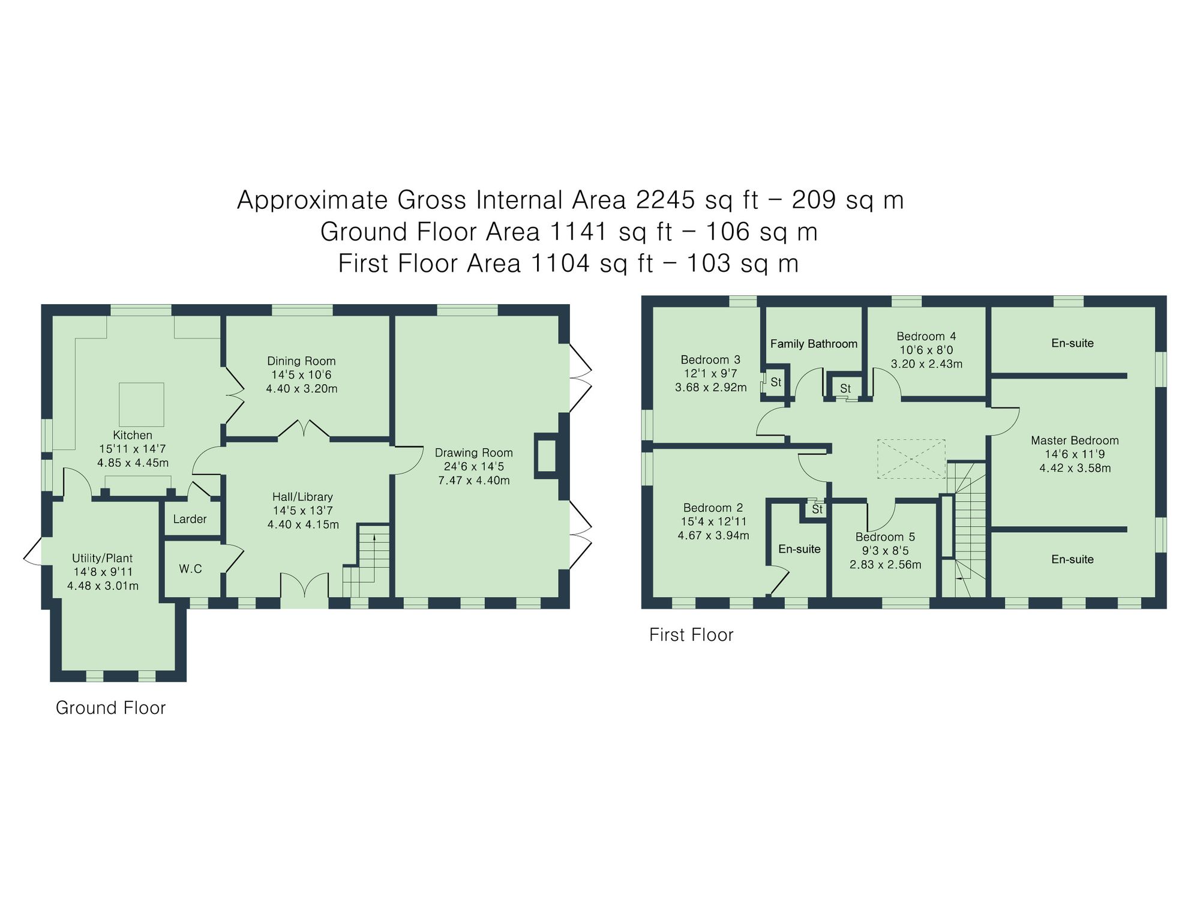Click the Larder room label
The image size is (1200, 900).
pos(190,520)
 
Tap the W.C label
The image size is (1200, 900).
pos(190,569)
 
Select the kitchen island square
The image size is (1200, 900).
pos(142,404)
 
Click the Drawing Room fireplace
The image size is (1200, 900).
pos(547,456)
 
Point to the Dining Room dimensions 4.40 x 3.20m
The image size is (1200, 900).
pos(301,389)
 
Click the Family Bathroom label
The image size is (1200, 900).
pos(814,344)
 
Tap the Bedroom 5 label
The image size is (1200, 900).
pos(885,537)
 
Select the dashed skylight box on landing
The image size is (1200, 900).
pos(911,459)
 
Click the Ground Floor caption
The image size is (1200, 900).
pos(110,708)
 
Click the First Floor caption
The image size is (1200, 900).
pos(691,635)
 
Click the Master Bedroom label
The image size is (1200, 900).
pos(1075,440)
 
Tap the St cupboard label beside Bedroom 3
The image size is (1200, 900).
pos(776,382)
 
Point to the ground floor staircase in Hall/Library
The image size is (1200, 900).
pos(367,561)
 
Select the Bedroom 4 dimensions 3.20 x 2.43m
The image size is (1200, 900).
pos(926,364)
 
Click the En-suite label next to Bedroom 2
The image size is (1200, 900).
pos(799,549)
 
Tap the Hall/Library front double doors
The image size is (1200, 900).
pos(305,585)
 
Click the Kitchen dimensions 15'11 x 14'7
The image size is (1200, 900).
pos(133,449)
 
